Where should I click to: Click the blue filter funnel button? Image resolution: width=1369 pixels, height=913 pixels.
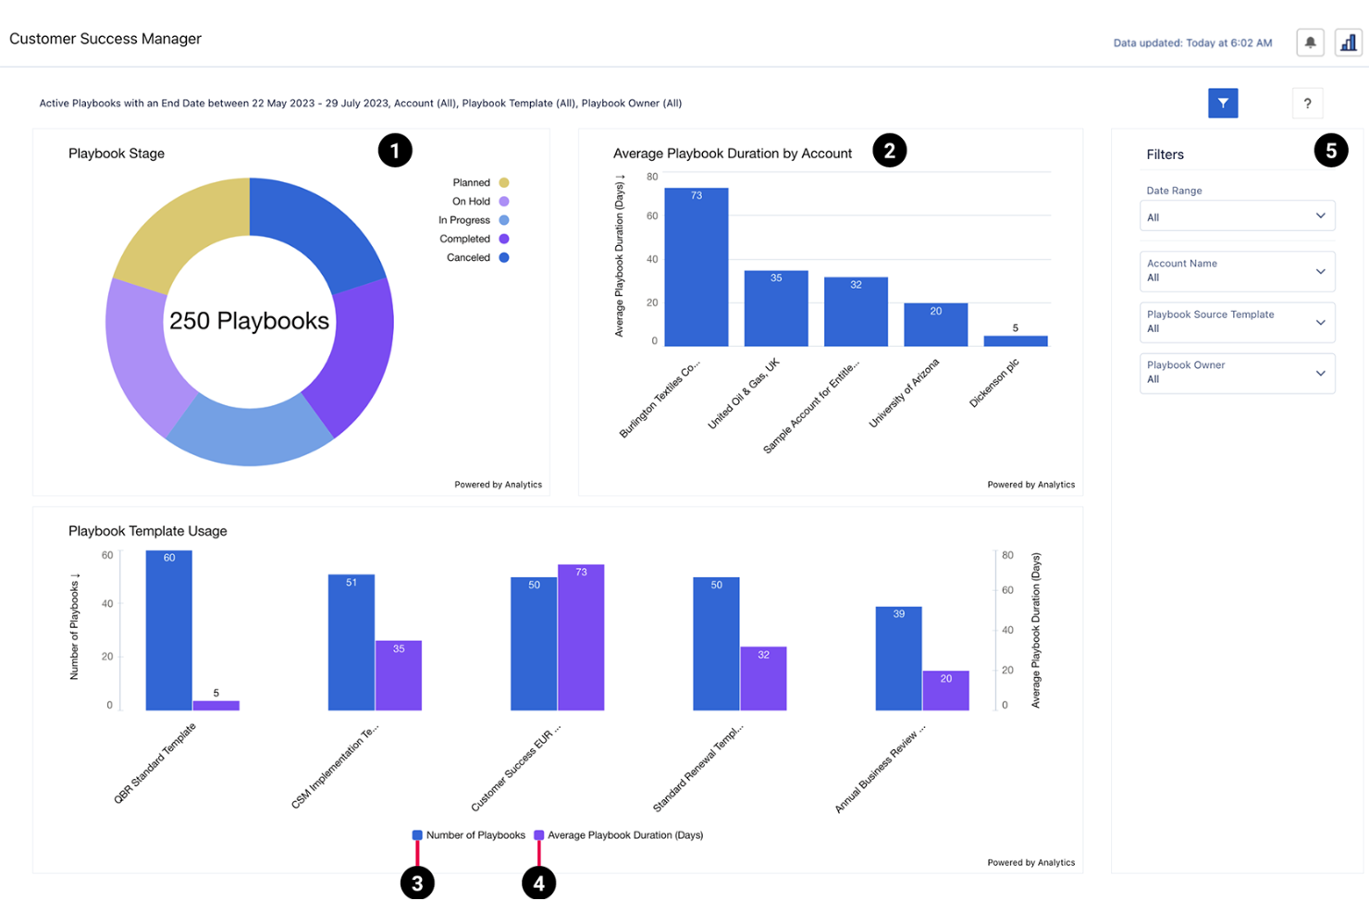click(x=1222, y=104)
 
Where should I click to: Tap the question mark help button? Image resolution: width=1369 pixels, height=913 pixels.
click(x=1306, y=104)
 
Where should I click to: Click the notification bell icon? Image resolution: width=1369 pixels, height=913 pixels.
click(x=1310, y=43)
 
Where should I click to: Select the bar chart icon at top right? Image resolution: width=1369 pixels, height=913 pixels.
click(x=1349, y=43)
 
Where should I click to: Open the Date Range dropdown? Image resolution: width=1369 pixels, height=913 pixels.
click(x=1237, y=216)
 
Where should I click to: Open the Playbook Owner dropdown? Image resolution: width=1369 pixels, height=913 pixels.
click(x=1237, y=373)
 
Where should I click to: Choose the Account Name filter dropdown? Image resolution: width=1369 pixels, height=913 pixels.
click(x=1237, y=271)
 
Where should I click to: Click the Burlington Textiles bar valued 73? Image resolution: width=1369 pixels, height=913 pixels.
click(x=696, y=268)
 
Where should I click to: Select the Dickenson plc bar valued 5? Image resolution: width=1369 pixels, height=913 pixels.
click(x=1015, y=340)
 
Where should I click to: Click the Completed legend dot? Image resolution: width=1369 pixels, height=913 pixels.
click(x=504, y=239)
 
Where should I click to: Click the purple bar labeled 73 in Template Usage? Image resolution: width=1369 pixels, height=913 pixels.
click(x=581, y=638)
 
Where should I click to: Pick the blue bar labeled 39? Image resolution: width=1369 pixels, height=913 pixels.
click(x=898, y=659)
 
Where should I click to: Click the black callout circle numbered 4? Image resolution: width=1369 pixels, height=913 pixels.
click(x=538, y=883)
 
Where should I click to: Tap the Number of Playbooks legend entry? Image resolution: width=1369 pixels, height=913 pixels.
click(x=469, y=835)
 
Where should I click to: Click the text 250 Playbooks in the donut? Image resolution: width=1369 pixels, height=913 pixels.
click(x=249, y=321)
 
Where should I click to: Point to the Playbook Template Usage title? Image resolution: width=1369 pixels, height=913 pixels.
click(x=148, y=531)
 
